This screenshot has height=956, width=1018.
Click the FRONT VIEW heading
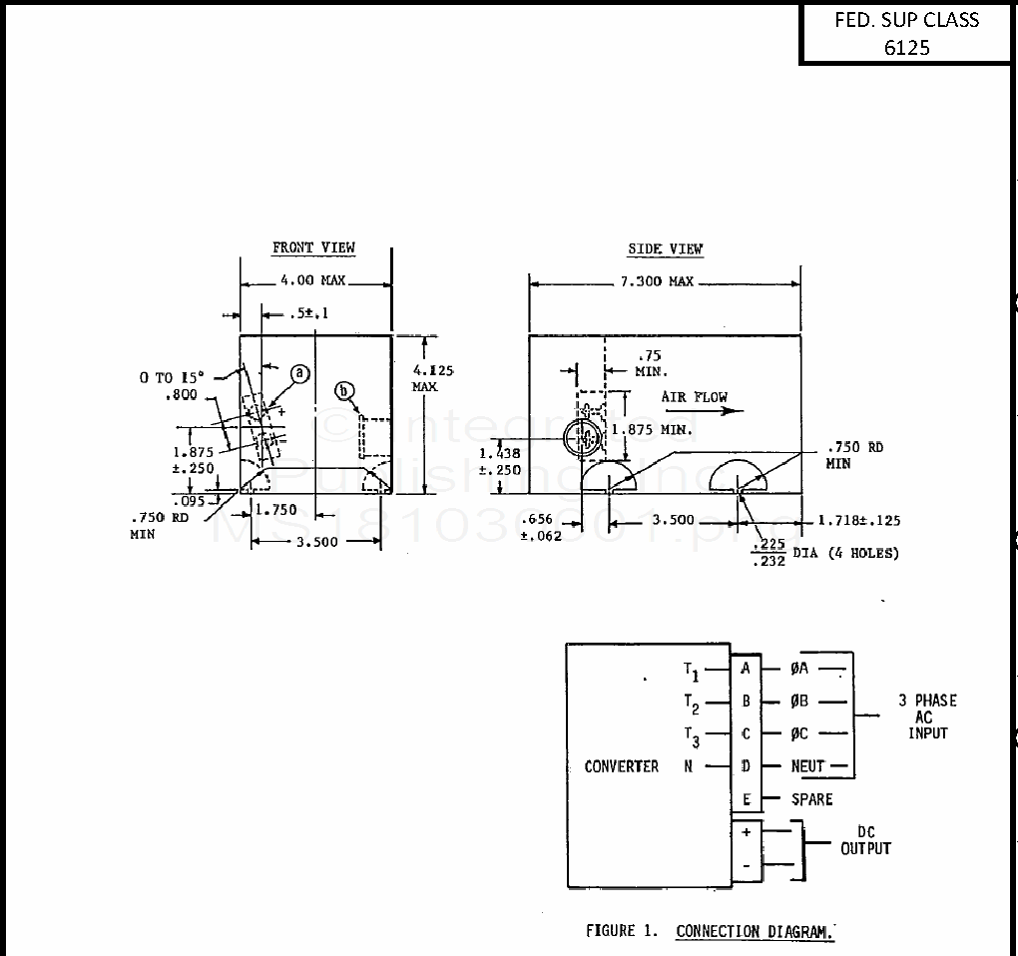click(313, 247)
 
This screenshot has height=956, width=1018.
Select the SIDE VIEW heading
click(665, 248)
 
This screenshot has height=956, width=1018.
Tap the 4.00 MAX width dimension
click(312, 281)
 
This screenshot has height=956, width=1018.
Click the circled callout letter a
click(299, 373)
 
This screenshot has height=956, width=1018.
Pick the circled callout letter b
click(345, 390)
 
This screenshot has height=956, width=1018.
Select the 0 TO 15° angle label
click(171, 377)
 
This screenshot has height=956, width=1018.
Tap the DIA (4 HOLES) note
click(845, 553)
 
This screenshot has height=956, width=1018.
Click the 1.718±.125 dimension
click(858, 520)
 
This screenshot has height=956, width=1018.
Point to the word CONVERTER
click(622, 766)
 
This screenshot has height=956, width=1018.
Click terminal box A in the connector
click(746, 669)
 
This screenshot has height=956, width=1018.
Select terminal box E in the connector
click(746, 799)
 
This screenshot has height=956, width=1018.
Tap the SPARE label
click(811, 799)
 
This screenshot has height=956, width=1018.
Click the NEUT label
click(807, 766)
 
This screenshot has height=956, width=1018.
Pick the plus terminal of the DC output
click(746, 831)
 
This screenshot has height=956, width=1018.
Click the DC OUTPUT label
click(865, 840)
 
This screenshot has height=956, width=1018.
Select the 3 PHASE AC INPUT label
click(927, 717)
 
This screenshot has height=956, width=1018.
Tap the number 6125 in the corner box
click(906, 47)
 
